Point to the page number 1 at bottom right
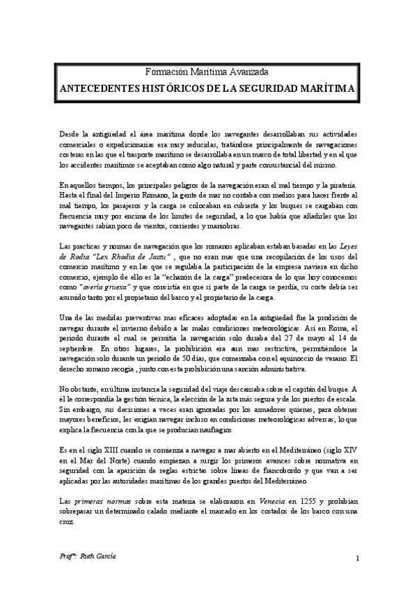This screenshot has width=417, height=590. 356,559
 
